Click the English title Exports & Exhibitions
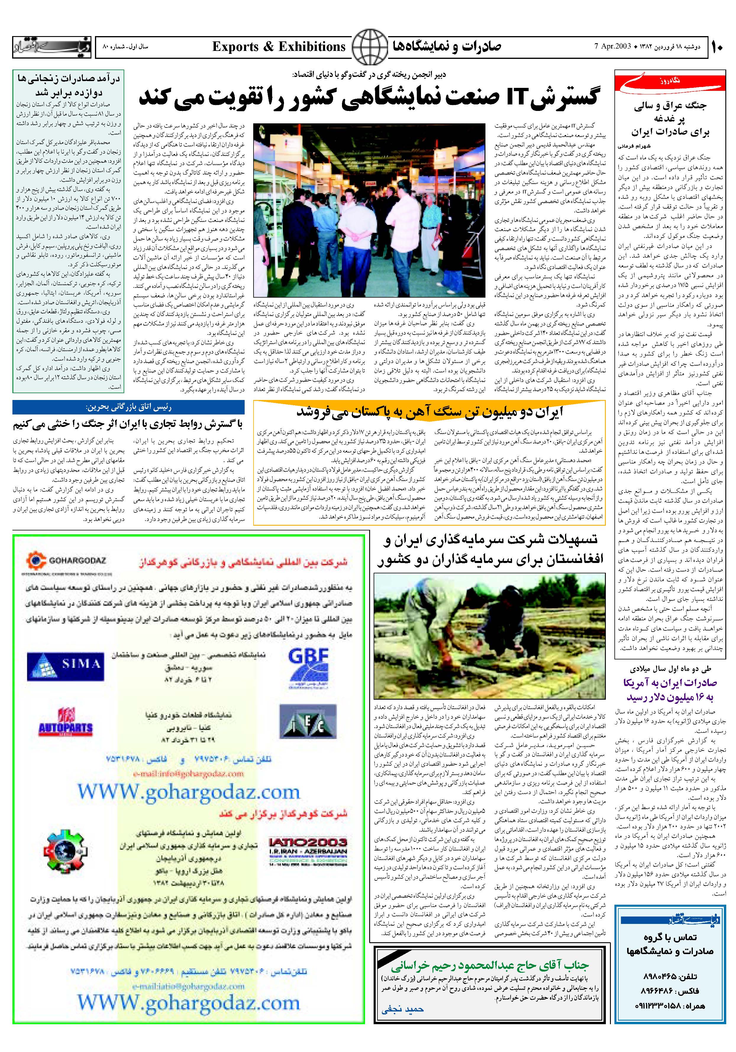pos(279,47)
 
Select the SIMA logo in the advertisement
pos(64,664)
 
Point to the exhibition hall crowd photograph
pos(369,209)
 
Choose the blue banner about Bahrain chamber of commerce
pos(128,406)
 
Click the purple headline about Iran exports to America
pos(669,690)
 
